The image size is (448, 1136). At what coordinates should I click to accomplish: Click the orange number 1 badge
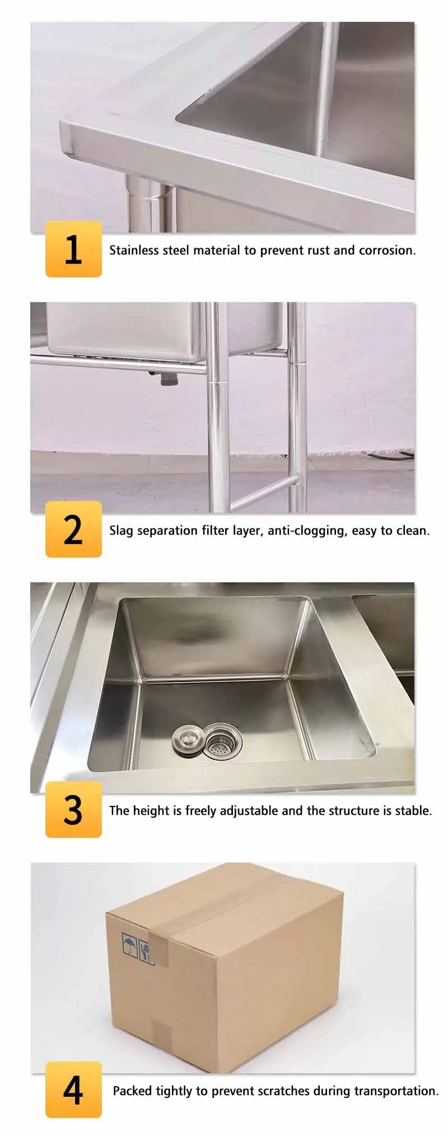[73, 249]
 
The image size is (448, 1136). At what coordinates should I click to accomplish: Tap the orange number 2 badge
[73, 529]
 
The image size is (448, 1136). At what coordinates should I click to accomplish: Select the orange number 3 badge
[73, 809]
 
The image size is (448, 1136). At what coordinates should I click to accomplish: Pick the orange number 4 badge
[73, 1089]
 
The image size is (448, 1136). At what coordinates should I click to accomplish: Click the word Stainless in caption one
[134, 251]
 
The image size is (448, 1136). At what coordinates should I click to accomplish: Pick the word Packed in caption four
[133, 1091]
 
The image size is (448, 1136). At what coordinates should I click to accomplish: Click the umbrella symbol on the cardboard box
[129, 942]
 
